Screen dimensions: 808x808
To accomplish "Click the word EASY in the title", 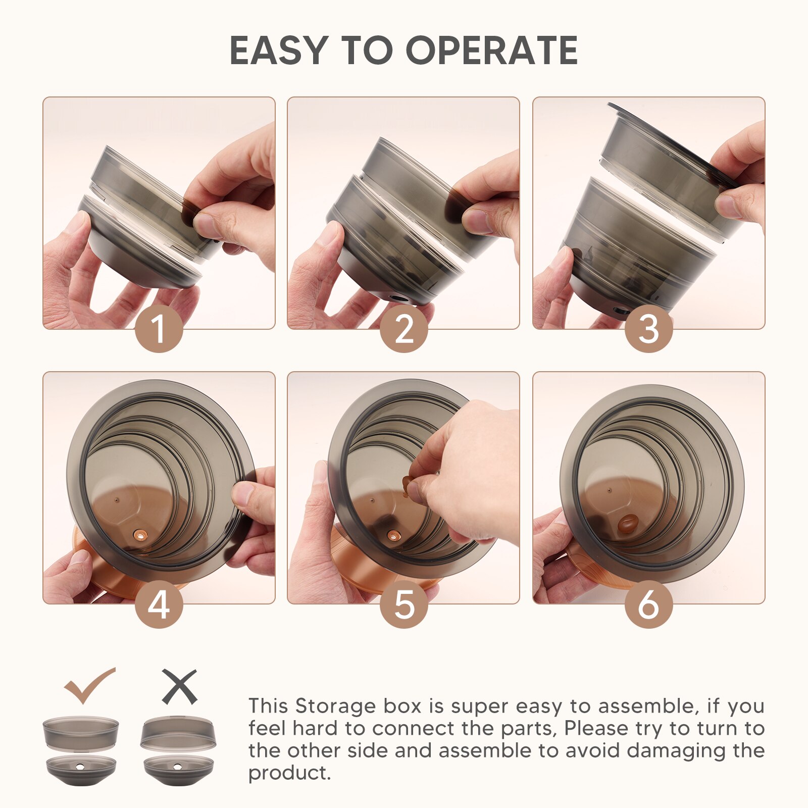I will (278, 50).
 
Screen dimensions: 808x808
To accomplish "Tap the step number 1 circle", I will (159, 329).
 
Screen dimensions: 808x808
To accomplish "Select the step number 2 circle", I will (403, 329).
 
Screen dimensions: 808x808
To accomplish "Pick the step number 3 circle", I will (648, 329).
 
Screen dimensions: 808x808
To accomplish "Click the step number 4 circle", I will (159, 604).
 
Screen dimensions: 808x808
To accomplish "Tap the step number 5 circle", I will (403, 604).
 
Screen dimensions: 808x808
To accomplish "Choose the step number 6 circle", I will (648, 604).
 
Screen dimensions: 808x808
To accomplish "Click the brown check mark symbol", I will (89, 685).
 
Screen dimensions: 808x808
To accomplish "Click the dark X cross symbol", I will (179, 687).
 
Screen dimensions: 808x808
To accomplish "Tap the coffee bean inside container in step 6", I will (628, 524).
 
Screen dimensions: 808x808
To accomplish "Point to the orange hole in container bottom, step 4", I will (140, 534).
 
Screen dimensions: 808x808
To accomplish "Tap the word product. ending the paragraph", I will (289, 773).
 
